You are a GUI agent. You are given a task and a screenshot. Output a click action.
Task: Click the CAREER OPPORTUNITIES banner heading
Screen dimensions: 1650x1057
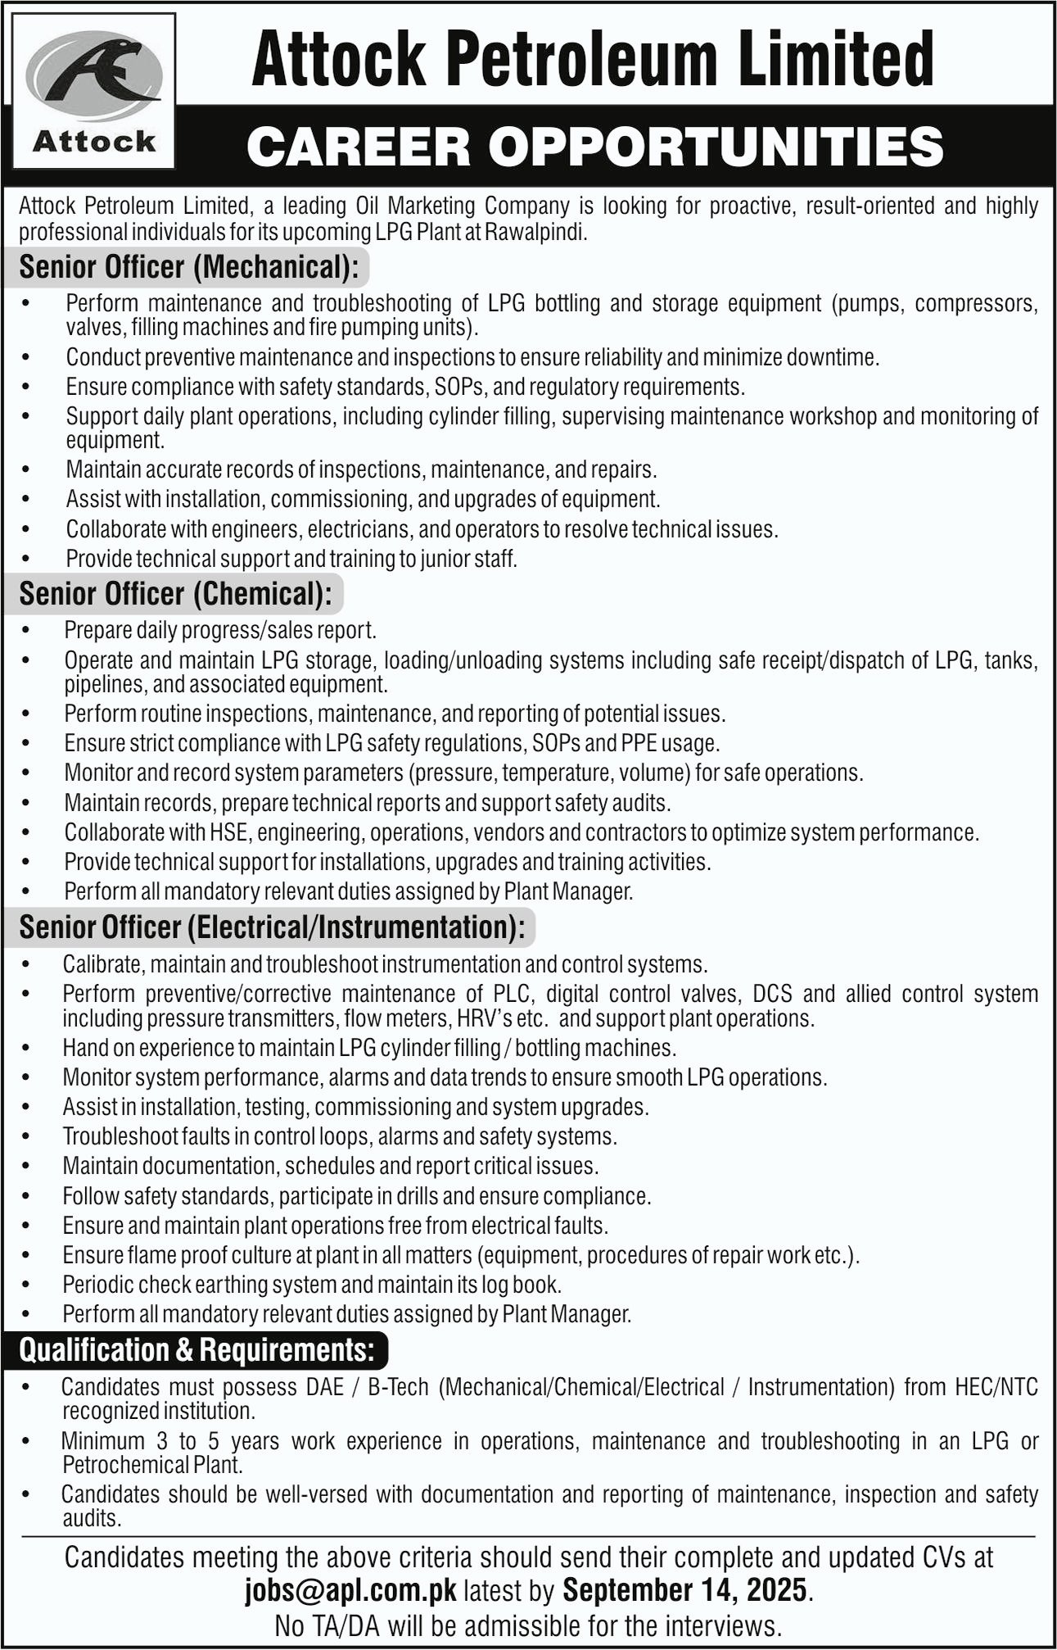(x=594, y=147)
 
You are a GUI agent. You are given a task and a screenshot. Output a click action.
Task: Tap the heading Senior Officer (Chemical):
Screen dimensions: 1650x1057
(x=175, y=594)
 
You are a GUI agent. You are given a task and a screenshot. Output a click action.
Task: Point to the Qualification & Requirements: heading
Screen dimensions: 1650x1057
(x=197, y=1350)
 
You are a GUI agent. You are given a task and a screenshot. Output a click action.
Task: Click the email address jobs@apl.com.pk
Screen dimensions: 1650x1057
(x=350, y=1590)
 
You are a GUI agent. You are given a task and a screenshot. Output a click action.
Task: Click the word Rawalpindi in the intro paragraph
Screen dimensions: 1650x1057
(x=535, y=233)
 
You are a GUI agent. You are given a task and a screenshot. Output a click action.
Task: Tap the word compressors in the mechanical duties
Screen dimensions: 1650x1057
(x=976, y=304)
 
